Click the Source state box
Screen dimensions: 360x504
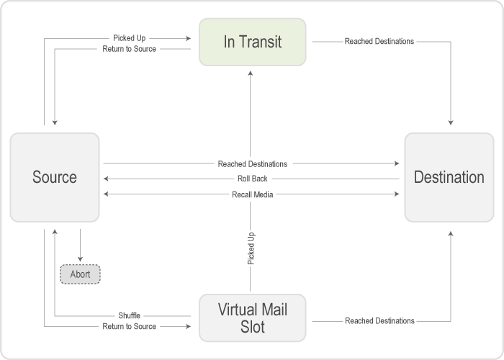(x=55, y=177)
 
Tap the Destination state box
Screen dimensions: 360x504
(x=449, y=177)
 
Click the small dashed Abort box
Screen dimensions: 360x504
(x=80, y=274)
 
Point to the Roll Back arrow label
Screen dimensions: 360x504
(x=253, y=179)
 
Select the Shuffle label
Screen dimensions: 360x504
(x=129, y=315)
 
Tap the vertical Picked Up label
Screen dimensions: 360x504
(x=251, y=248)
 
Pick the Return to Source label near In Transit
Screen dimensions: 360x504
(x=130, y=49)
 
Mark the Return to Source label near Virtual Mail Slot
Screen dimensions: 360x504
(x=129, y=326)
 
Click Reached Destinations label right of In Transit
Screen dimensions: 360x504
(x=378, y=42)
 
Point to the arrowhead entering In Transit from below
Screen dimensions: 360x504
(x=251, y=71)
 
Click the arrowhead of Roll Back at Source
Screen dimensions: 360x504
(x=107, y=179)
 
